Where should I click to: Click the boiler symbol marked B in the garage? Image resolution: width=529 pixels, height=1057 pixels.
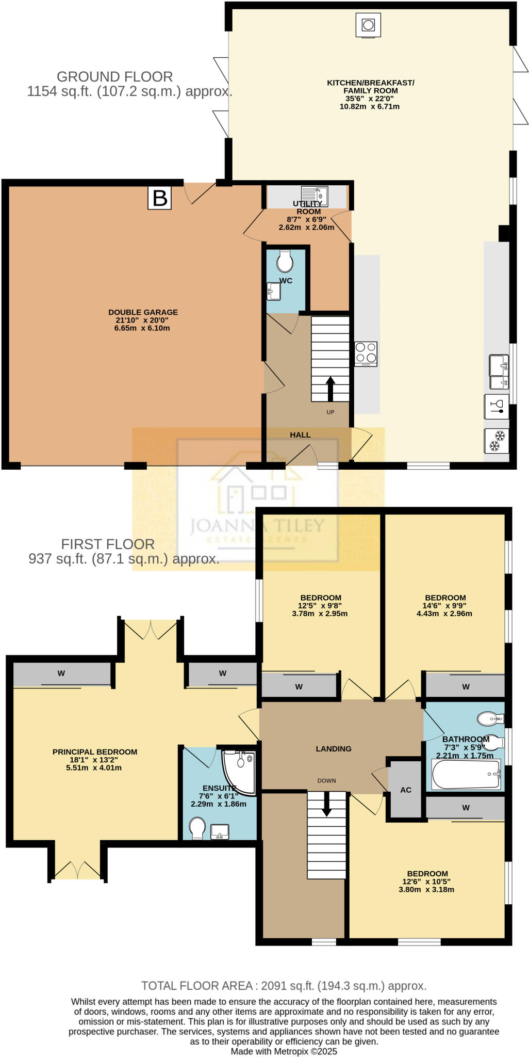(159, 198)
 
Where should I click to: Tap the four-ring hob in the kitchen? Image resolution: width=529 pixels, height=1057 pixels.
(366, 354)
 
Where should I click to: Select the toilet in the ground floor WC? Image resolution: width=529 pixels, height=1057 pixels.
(285, 262)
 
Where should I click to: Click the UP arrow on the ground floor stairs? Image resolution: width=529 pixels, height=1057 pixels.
(330, 389)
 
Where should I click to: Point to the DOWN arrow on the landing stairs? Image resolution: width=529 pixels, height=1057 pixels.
(326, 804)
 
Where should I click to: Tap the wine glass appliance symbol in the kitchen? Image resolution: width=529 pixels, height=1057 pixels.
(497, 407)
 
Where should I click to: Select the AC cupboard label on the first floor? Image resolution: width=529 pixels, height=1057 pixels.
(406, 790)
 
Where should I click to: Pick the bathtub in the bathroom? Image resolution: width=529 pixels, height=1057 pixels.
(466, 775)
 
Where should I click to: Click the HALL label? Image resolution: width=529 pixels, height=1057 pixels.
(300, 435)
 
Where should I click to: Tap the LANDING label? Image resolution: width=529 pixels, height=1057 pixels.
(334, 748)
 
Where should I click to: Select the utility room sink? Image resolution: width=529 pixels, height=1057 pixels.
(314, 195)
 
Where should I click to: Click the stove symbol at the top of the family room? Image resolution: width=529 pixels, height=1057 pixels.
(368, 25)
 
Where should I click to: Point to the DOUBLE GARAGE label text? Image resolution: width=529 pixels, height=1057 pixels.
(143, 312)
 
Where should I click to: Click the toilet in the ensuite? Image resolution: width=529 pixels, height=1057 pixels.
(197, 828)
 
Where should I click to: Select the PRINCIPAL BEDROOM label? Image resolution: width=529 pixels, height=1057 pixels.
(95, 752)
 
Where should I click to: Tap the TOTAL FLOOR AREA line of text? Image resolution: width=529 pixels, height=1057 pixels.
(284, 986)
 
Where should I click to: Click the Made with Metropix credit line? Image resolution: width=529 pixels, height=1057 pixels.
(284, 1051)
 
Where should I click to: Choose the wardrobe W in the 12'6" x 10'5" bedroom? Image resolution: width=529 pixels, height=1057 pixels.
(466, 808)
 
